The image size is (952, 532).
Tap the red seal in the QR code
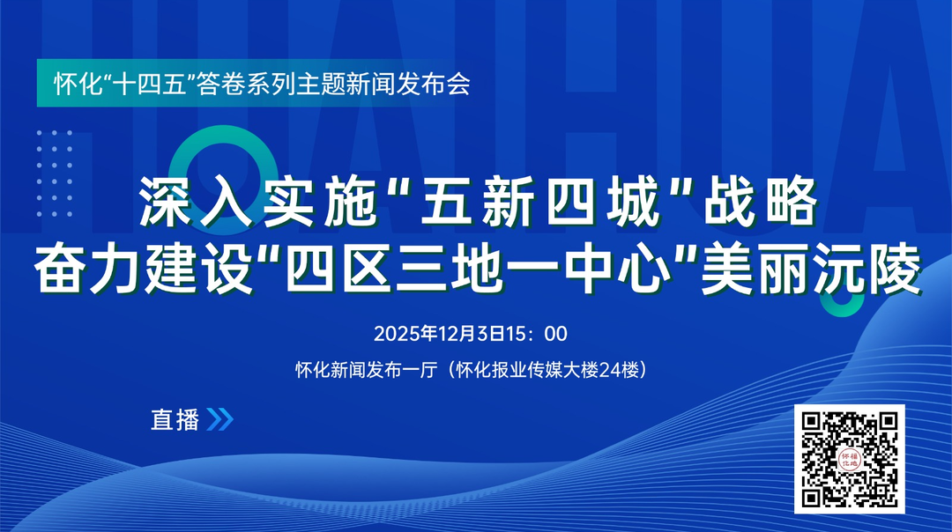click(x=850, y=459)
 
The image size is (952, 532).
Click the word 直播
click(x=175, y=420)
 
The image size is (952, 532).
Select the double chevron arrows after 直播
click(x=219, y=420)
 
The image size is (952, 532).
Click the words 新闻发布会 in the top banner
click(x=420, y=86)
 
